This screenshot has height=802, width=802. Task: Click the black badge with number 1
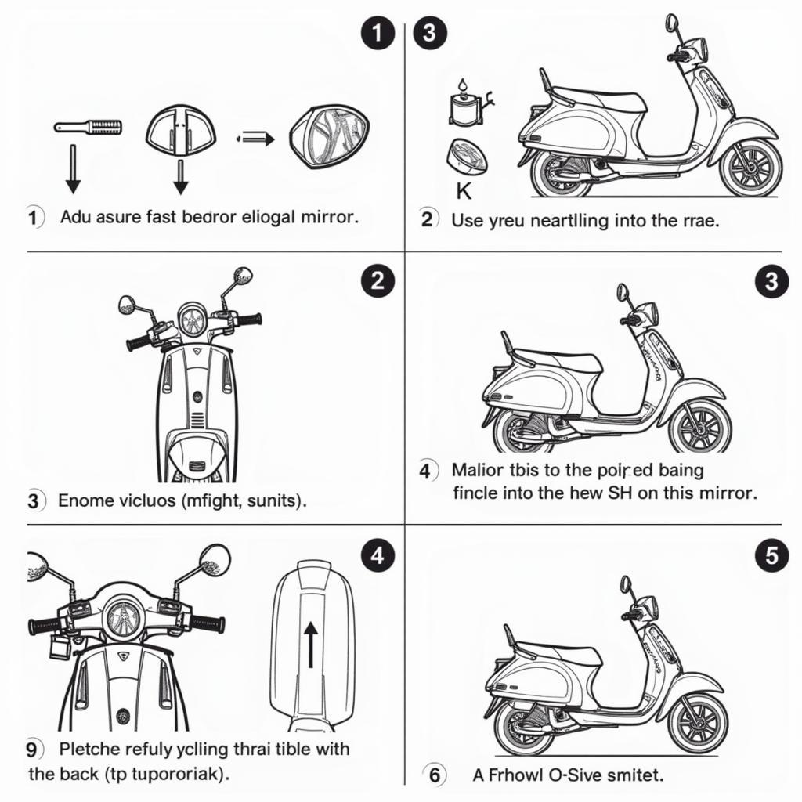tap(377, 33)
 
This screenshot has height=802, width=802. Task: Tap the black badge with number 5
tap(771, 555)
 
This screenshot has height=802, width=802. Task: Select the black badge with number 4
tap(377, 555)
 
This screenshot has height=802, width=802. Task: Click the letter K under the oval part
tap(464, 191)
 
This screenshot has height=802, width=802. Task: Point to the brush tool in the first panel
tap(89, 126)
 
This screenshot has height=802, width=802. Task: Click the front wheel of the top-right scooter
tap(750, 168)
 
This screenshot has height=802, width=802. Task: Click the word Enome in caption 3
tap(83, 500)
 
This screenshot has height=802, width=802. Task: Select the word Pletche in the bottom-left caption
tap(86, 750)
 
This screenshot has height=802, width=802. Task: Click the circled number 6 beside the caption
tap(434, 775)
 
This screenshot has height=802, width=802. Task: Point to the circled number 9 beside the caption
tap(31, 750)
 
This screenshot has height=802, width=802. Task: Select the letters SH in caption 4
tap(618, 493)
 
